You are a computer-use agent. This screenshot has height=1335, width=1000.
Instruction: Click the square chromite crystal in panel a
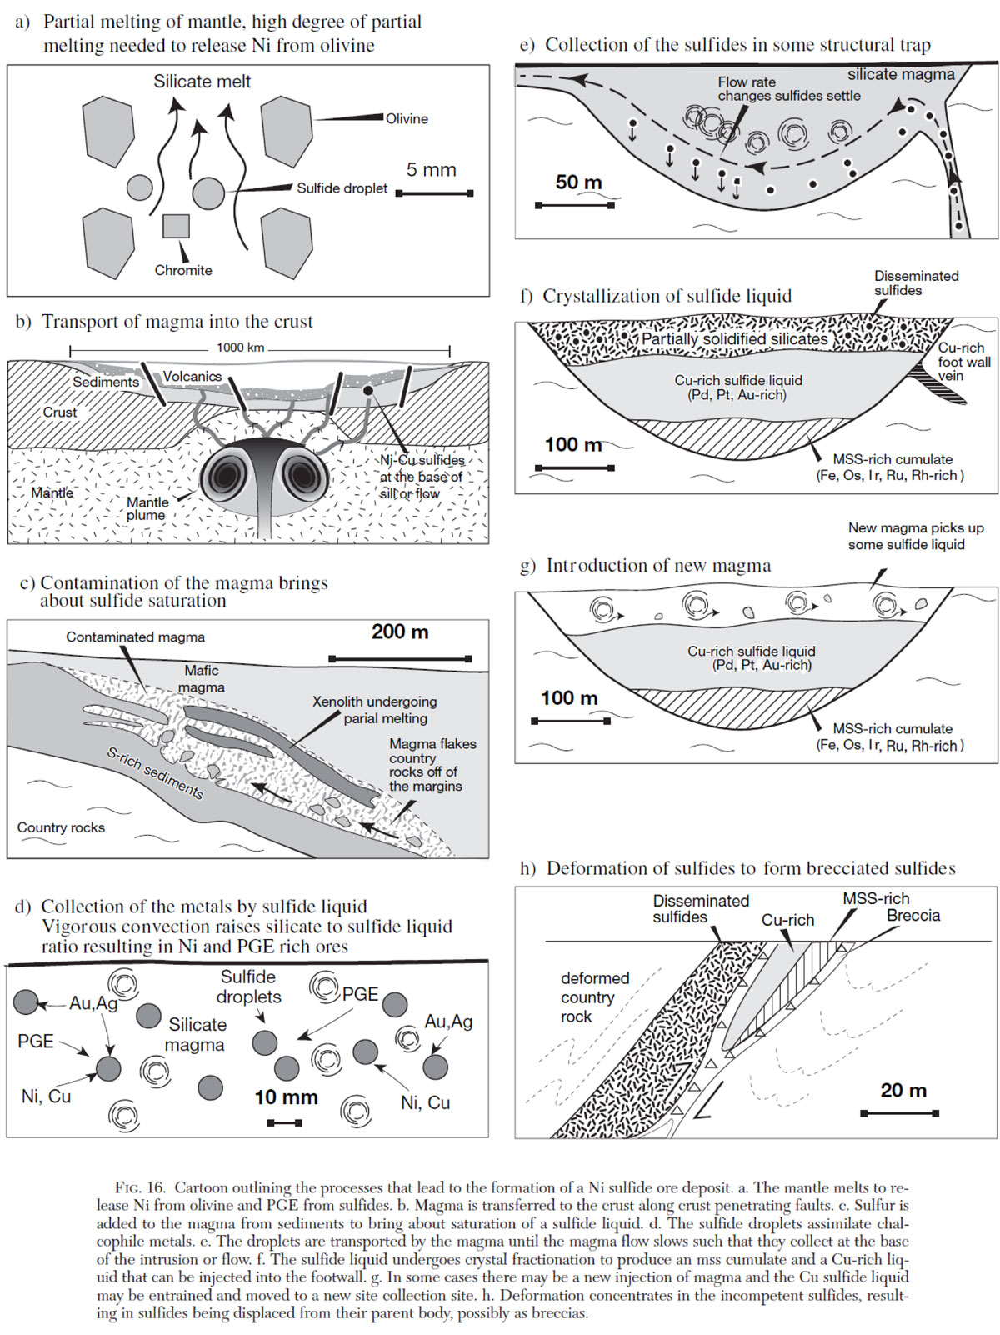pos(176,226)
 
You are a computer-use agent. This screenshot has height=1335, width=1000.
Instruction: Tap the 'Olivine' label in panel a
pos(407,119)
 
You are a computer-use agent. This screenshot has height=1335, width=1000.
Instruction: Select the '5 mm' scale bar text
pos(431,170)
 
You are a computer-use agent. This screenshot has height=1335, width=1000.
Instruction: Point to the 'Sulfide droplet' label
pos(342,188)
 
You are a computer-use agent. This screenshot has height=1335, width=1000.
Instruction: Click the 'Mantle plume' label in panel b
pos(147,508)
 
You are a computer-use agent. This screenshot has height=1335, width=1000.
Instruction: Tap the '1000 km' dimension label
pos(241,347)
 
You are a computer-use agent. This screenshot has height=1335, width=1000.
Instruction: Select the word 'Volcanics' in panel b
pos(192,377)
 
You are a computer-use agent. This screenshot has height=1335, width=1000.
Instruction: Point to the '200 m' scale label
pos(400,632)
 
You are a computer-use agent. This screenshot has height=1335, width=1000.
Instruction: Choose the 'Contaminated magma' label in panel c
pos(135,637)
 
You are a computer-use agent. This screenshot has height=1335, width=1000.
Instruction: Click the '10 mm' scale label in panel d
pos(286,1097)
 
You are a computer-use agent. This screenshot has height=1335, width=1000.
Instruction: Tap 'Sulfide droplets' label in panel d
pos(248,987)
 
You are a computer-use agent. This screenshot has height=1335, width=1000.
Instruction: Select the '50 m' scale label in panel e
pos(578,182)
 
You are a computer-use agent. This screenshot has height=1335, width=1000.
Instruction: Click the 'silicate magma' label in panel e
pos(901,74)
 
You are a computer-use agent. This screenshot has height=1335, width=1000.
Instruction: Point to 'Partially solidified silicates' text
pos(734,339)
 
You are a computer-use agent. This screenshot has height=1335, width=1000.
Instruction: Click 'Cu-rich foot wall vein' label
pos(963,362)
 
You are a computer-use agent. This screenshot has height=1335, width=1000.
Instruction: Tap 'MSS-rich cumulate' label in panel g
pos(892,728)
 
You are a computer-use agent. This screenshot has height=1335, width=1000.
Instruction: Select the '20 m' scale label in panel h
pos(902,1090)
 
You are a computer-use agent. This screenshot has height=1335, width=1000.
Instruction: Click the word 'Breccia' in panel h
pos(913,915)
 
